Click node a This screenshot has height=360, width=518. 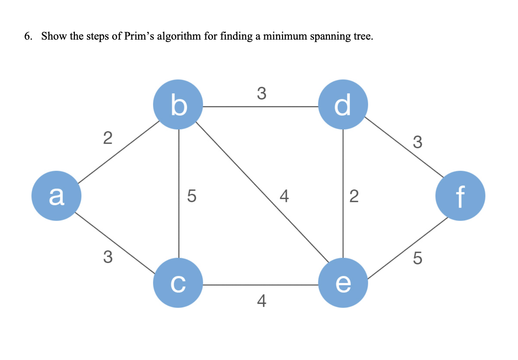click(56, 196)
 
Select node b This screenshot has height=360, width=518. click(178, 105)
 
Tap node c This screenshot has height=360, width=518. click(178, 283)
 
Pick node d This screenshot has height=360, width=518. click(343, 105)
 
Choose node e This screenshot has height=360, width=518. click(343, 283)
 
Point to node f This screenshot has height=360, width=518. click(460, 196)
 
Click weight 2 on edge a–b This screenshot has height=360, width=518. click(108, 138)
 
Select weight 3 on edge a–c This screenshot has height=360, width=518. click(108, 257)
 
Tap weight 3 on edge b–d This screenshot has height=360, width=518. click(261, 93)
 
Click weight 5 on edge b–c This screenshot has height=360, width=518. click(192, 196)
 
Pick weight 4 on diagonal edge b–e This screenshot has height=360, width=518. click(284, 196)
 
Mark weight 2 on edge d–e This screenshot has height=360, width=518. click(354, 196)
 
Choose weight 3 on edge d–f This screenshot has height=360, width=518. click(417, 142)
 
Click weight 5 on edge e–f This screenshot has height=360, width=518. click(417, 258)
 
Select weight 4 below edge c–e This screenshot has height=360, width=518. click(261, 301)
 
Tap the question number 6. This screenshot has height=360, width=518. click(28, 36)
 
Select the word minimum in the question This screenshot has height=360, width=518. click(285, 36)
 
